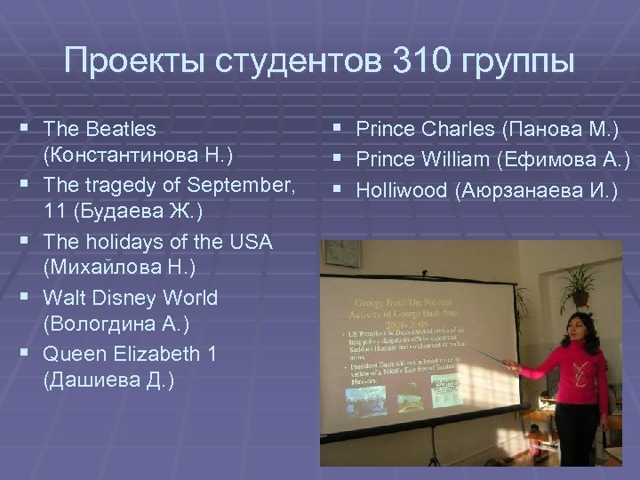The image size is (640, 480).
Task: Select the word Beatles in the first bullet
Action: tap(123, 130)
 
